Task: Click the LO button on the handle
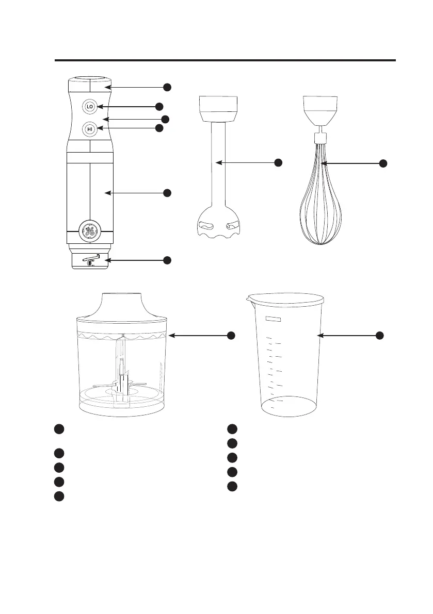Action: [90, 107]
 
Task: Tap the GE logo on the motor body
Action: [90, 231]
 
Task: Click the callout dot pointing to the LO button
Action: [159, 107]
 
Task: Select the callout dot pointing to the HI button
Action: [159, 128]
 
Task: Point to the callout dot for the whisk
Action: [383, 163]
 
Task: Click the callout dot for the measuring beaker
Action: [379, 335]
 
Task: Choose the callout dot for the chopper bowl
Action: [231, 335]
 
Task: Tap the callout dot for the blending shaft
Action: [278, 162]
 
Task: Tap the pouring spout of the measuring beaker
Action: [249, 300]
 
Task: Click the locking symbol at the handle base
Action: [91, 260]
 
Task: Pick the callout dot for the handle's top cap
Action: [167, 87]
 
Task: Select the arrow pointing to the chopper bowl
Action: [198, 335]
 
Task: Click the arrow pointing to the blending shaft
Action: [245, 162]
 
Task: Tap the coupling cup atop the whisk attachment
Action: [320, 110]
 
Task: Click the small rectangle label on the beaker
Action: [274, 319]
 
